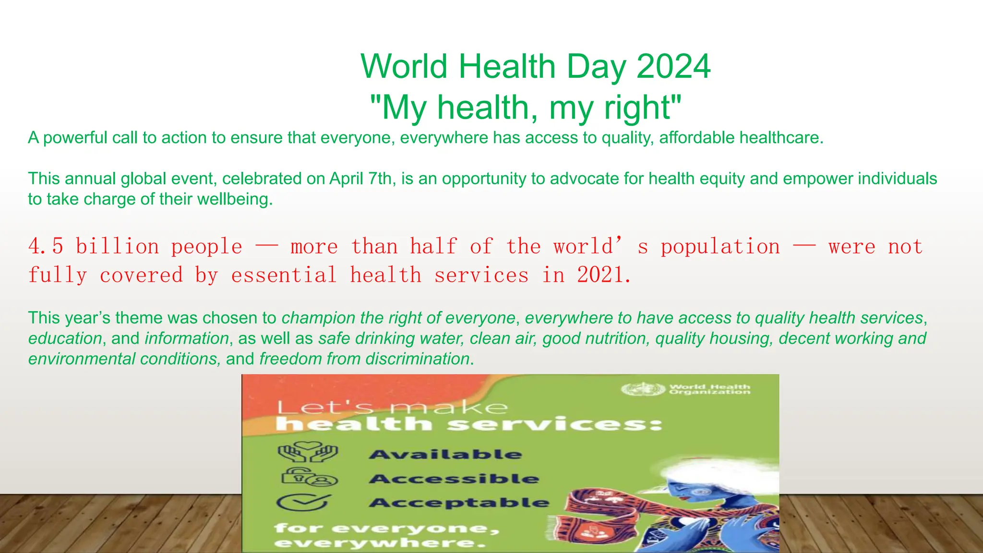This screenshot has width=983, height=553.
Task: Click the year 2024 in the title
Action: pos(673,66)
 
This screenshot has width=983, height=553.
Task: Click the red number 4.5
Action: pos(46,247)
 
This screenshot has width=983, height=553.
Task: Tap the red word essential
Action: pos(284,276)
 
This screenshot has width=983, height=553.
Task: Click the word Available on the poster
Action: pos(445,455)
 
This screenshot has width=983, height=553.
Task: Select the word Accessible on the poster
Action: pos(454,479)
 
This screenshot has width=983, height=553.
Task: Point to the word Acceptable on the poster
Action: pos(459,503)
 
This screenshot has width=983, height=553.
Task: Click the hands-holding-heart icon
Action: pos(308,451)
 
